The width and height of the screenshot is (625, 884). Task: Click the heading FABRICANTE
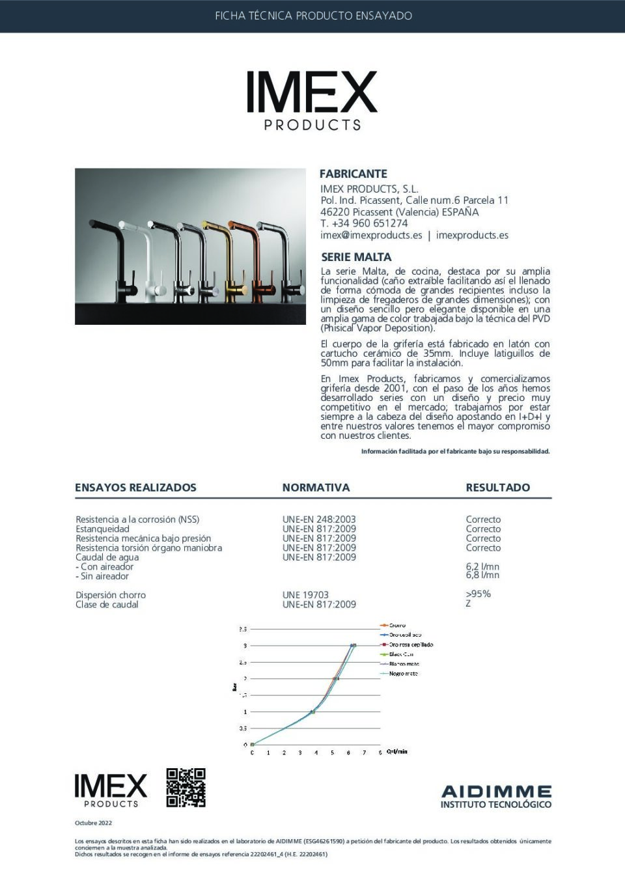coord(353,174)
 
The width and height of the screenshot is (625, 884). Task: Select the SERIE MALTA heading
coord(356,257)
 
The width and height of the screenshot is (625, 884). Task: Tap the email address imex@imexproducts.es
coord(371,235)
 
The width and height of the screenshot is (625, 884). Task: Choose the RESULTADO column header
coord(497,488)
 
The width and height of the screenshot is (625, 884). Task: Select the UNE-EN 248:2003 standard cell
coord(319,519)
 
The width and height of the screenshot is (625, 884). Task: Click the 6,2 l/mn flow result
coord(482,566)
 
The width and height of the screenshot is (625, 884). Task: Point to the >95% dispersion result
coord(478,594)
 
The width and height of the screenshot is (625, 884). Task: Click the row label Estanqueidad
coord(102,529)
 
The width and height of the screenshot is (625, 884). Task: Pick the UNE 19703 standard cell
coord(305,595)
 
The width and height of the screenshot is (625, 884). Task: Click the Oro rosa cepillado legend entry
coord(410,644)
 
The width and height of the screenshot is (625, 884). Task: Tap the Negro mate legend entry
coord(403,674)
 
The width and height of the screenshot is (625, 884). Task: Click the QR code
coord(186,788)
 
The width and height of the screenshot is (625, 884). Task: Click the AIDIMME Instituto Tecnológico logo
coord(496,796)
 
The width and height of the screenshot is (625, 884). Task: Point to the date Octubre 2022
coord(93,823)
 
